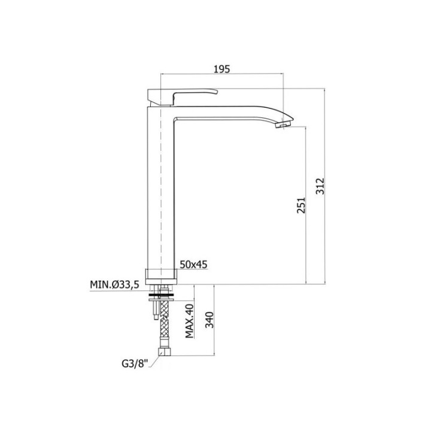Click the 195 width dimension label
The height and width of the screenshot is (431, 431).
(222, 69)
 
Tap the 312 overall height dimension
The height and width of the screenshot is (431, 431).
(320, 186)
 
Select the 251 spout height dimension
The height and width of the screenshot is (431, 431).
(301, 205)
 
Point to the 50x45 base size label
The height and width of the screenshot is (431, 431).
(193, 265)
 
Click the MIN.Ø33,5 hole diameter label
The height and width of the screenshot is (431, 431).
(115, 285)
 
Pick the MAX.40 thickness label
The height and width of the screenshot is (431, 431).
(189, 321)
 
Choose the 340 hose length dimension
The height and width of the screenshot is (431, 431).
(210, 320)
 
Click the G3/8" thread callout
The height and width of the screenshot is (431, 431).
(135, 364)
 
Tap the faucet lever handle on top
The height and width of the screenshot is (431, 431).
(183, 97)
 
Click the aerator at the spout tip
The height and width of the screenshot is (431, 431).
(283, 125)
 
